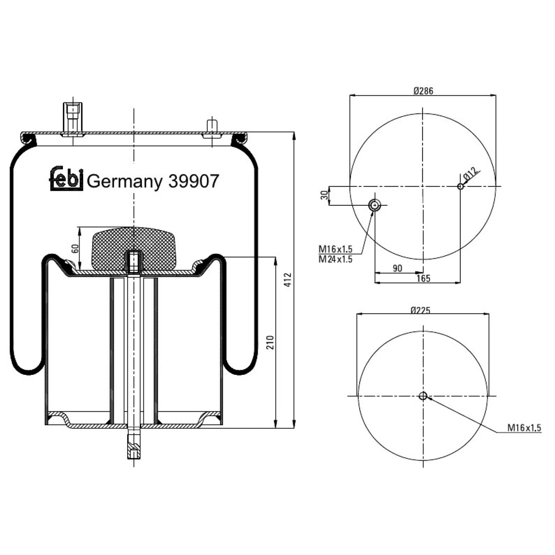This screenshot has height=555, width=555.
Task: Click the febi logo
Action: pos(66,179)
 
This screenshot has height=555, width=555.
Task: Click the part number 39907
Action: pos(193,181)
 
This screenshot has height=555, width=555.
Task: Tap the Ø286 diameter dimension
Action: pos(423,91)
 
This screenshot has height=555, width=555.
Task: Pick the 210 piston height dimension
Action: pos(269,343)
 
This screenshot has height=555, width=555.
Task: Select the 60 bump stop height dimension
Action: pos(75,249)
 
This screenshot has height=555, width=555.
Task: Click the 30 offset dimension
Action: pos(324,195)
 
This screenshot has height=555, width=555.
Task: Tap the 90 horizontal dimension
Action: pos(397,268)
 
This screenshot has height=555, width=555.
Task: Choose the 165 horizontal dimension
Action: pos(423,278)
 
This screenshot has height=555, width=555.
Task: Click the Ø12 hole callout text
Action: pos(471,174)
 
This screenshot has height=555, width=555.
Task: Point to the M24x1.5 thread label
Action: pos(336,259)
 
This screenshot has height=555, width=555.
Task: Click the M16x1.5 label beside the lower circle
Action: pos(524,428)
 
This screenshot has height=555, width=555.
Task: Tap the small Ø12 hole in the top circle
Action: pos(461,186)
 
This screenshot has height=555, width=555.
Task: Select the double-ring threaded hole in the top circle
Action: pos(374,205)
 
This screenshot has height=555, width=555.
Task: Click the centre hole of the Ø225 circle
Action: pos(423,396)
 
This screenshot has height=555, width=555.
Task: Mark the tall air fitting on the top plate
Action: pos(73,118)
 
